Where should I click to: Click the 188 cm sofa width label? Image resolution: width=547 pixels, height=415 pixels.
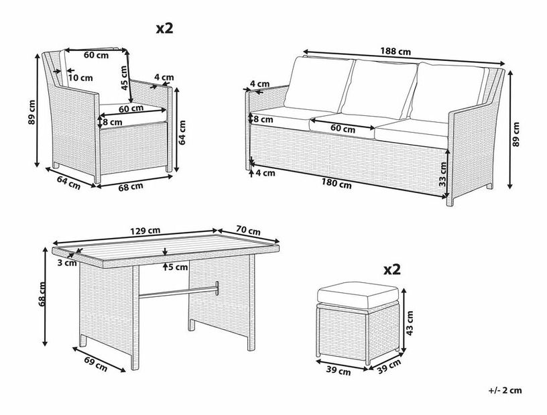coord(395,52)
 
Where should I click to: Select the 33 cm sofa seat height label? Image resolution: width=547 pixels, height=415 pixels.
coord(442,174)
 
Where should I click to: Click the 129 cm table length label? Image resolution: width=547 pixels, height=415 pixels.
coord(145,231)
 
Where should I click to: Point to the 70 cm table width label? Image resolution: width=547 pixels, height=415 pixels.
coord(248,231)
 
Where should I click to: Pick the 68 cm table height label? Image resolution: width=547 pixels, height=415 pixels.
coord(42,294)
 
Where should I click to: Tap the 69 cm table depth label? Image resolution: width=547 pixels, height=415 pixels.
coord(96,363)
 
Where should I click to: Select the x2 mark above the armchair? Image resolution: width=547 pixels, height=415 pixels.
coord(164,28)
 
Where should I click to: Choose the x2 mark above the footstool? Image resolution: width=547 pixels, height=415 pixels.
coord(391,270)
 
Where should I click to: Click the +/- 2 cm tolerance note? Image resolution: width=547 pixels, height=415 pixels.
coord(505,390)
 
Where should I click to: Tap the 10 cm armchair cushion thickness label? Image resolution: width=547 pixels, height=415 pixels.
coord(80,78)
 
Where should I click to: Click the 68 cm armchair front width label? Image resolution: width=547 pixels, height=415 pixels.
coord(131,187)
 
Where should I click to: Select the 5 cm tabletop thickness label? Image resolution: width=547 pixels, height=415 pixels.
coord(178,268)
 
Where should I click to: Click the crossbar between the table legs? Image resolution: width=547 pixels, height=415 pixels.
coord(178,291)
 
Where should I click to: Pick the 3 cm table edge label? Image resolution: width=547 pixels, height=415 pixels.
coord(67,263)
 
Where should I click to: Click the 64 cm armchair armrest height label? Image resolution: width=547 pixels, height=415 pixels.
coord(182,132)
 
